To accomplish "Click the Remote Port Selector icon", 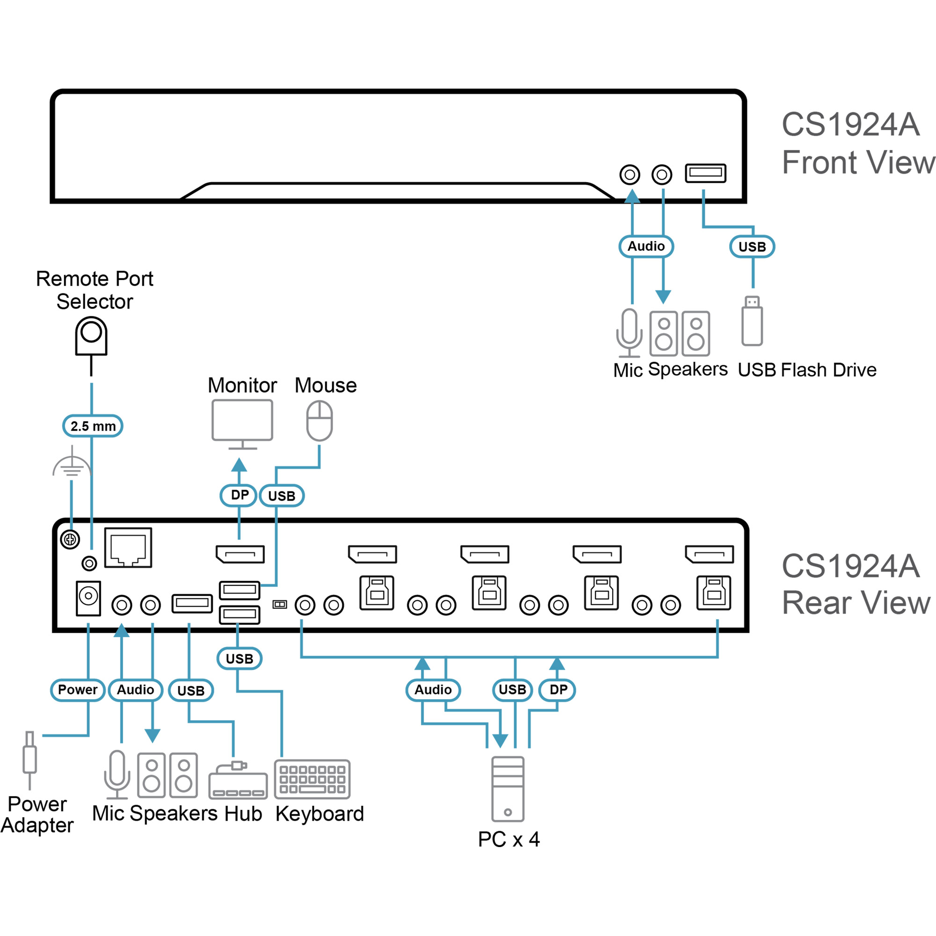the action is pos(91,336).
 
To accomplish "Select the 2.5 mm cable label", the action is pos(93,426).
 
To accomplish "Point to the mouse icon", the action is pos(319,421).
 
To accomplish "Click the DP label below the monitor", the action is pos(239,495).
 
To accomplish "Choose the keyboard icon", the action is pos(312,780).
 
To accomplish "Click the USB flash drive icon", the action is pos(752,321).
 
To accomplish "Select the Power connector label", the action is pos(78,690).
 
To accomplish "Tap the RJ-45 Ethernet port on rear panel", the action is pos(128,548).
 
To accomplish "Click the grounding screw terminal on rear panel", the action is pos(70,539).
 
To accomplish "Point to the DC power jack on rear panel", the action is pos(88,598).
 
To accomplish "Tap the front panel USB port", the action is pos(705,173).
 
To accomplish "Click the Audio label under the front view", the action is pos(646,246).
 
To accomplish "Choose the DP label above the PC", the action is pos(558,690).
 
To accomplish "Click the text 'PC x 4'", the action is pos(509,840).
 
